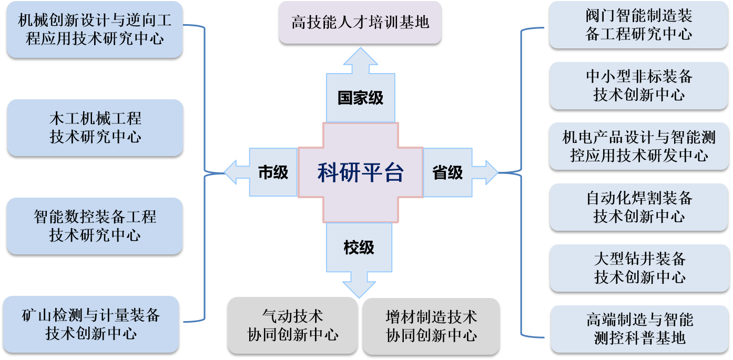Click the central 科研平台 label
[360, 172]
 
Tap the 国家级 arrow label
[360, 98]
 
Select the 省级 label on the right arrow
[447, 172]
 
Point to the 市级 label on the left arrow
[273, 172]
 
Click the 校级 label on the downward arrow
[359, 248]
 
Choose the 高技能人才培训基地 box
[360, 22]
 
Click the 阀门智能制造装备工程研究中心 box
[639, 25]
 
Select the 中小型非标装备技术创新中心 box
[639, 86]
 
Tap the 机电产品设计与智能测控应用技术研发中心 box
[639, 147]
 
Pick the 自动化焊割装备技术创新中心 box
[639, 207]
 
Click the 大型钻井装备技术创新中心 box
[639, 268]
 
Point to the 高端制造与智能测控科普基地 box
[639, 328]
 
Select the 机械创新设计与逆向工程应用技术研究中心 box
[95, 29]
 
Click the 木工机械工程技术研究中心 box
[95, 128]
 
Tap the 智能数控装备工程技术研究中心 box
[95, 225]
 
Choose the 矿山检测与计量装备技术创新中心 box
[91, 324]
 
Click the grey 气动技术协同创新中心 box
[292, 325]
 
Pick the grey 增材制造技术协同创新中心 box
[431, 325]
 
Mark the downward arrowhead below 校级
[359, 286]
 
